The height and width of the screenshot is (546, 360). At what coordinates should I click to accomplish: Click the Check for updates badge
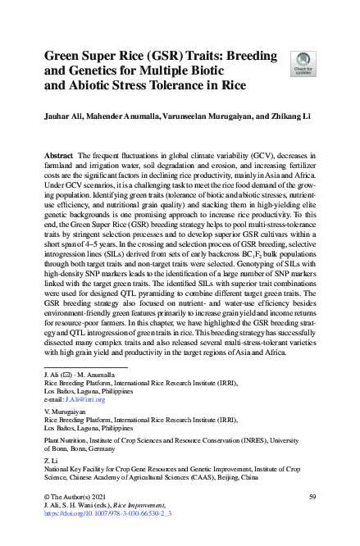pos(303,62)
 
